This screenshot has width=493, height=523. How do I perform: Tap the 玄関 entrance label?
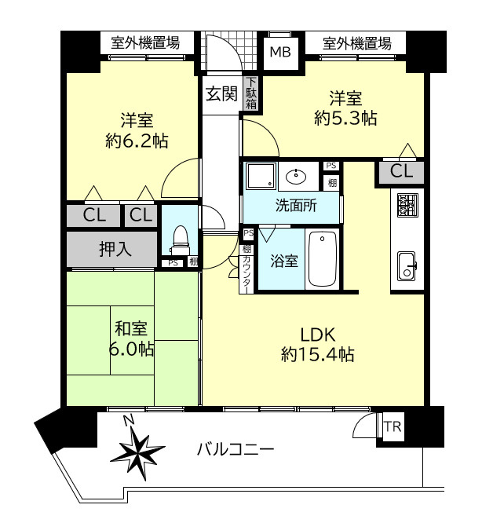click(x=221, y=94)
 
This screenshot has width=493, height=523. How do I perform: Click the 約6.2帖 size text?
click(x=137, y=141)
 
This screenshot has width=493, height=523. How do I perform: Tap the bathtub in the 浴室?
click(x=322, y=259)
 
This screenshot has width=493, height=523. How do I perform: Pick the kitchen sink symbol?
click(x=407, y=265)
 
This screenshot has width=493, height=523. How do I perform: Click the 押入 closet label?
click(x=115, y=250)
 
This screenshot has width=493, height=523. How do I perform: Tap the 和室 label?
click(x=130, y=329)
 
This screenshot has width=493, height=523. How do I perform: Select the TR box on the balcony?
click(x=392, y=427)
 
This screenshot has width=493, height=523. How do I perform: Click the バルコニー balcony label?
click(x=235, y=451)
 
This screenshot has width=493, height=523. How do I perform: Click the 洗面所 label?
click(x=295, y=207)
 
